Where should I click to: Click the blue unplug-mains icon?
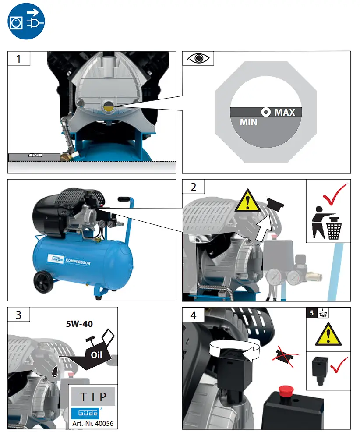pyautogui.click(x=26, y=21)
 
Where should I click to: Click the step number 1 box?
pyautogui.click(x=19, y=58)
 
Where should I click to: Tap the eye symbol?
pyautogui.click(x=198, y=58)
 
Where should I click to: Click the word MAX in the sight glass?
pyautogui.click(x=285, y=113)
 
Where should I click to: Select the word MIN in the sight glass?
pyautogui.click(x=248, y=122)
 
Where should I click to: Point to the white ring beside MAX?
pyautogui.click(x=266, y=112)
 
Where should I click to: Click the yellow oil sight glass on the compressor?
pyautogui.click(x=108, y=106)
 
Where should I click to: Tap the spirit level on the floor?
pyautogui.click(x=34, y=157)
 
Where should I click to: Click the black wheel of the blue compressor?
pyautogui.click(x=44, y=282)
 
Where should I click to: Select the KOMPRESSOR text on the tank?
pyautogui.click(x=78, y=262)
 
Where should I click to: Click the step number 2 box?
pyautogui.click(x=194, y=187)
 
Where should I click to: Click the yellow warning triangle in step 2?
pyautogui.click(x=248, y=201)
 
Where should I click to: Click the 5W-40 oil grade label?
pyautogui.click(x=79, y=324)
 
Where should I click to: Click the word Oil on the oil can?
pyautogui.click(x=97, y=355)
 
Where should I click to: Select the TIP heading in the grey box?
pyautogui.click(x=93, y=397)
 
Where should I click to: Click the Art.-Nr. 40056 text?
pyautogui.click(x=93, y=424)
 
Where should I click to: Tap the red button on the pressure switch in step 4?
pyautogui.click(x=286, y=390)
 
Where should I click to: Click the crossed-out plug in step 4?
pyautogui.click(x=285, y=356)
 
